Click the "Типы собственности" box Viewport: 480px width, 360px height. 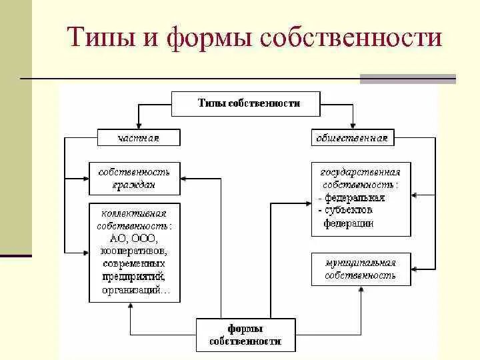tap(249, 103)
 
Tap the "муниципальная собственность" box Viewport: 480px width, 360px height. tap(361, 269)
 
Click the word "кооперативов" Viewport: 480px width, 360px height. tap(134, 251)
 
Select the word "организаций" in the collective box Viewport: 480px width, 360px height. tap(132, 290)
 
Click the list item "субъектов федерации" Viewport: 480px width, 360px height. tap(349, 217)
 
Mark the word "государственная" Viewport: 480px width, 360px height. tap(361, 172)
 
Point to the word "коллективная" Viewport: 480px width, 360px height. tap(134, 213)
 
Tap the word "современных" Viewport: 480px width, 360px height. tap(134, 264)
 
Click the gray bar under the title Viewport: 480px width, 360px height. tap(407, 79)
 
